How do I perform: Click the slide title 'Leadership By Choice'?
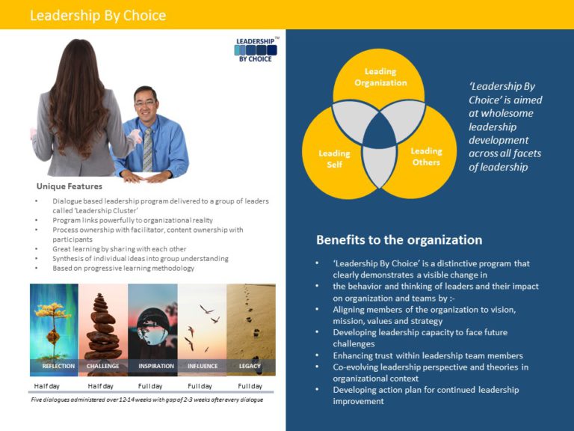coord(98,16)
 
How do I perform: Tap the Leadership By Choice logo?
coord(256,49)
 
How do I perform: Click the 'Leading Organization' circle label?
coord(380,77)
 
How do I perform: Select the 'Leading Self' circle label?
coord(334,159)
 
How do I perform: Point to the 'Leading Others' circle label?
coord(426,156)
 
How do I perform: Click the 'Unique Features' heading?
coord(70,186)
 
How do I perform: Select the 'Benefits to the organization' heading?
coord(399,240)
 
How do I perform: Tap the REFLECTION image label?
coord(58,366)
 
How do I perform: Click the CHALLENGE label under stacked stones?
coord(103,366)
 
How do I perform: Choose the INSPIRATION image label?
coord(156,366)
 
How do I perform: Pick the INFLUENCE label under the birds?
coord(203,366)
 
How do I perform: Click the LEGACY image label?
coord(250,366)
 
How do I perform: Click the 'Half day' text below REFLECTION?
coord(46,386)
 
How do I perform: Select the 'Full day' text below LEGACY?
coord(250,386)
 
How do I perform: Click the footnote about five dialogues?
coord(146,400)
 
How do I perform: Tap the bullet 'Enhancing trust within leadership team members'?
coord(428,355)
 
